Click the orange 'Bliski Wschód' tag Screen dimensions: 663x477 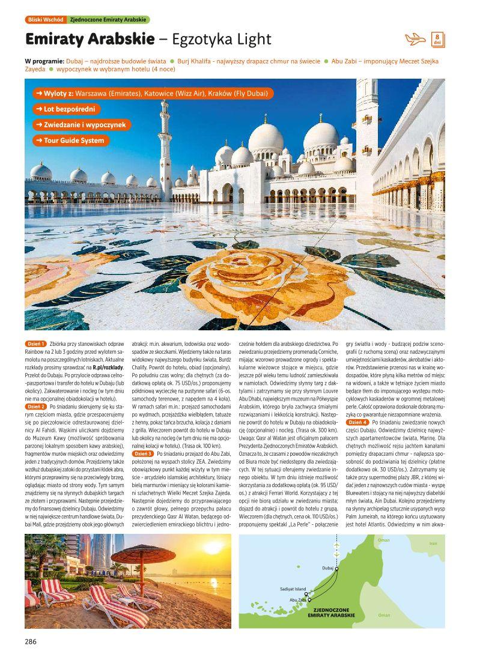coord(45,20)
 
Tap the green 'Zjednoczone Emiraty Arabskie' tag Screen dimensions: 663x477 coord(108,20)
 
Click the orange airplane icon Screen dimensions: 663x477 coord(415,40)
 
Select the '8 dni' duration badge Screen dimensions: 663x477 coord(438,40)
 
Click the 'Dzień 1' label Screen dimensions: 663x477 coord(35,344)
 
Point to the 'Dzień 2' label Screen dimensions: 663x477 coord(35,407)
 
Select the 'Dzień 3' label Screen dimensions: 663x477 coord(143,453)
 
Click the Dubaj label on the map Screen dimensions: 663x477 coord(327,568)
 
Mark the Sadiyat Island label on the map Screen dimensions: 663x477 coord(293,589)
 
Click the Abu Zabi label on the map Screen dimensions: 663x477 coord(298,599)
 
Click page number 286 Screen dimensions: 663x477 coord(31,641)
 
